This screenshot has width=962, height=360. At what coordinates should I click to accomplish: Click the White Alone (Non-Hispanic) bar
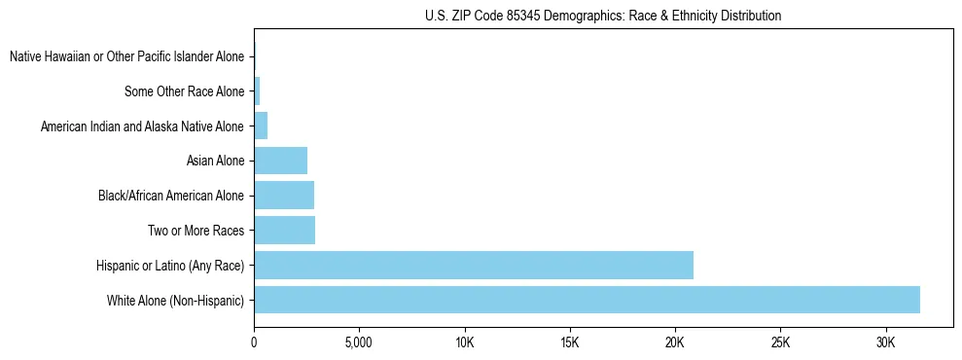[x=587, y=300]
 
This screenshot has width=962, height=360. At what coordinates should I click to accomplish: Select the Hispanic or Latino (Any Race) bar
[x=474, y=265]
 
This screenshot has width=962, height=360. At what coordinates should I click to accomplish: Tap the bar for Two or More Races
[x=284, y=231]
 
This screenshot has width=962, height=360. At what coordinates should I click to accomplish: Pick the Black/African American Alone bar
[x=284, y=196]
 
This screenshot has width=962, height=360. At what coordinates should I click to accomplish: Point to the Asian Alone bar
[x=280, y=161]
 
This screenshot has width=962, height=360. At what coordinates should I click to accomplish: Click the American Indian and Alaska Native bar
[x=261, y=126]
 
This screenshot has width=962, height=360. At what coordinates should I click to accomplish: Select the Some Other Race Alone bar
[x=257, y=91]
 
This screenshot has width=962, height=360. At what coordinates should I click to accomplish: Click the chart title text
[x=603, y=17]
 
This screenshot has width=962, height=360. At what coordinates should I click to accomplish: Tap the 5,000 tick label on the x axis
[x=359, y=343]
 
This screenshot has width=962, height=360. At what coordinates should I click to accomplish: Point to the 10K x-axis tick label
[x=464, y=343]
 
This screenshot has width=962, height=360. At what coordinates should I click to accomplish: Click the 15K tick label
[x=570, y=343]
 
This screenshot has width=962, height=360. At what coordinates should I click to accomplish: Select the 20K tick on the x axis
[x=675, y=343]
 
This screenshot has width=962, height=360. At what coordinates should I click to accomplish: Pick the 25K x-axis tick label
[x=780, y=343]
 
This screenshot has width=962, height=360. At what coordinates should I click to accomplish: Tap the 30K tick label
[x=885, y=343]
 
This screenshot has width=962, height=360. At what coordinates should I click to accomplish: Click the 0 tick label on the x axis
[x=254, y=343]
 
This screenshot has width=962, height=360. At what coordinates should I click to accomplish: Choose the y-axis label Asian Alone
[x=215, y=162]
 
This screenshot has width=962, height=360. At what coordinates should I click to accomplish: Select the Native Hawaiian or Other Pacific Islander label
[x=126, y=57]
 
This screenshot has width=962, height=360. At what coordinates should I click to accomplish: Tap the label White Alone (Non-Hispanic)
[x=175, y=301]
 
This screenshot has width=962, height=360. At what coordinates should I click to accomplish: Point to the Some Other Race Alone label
[x=184, y=92]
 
